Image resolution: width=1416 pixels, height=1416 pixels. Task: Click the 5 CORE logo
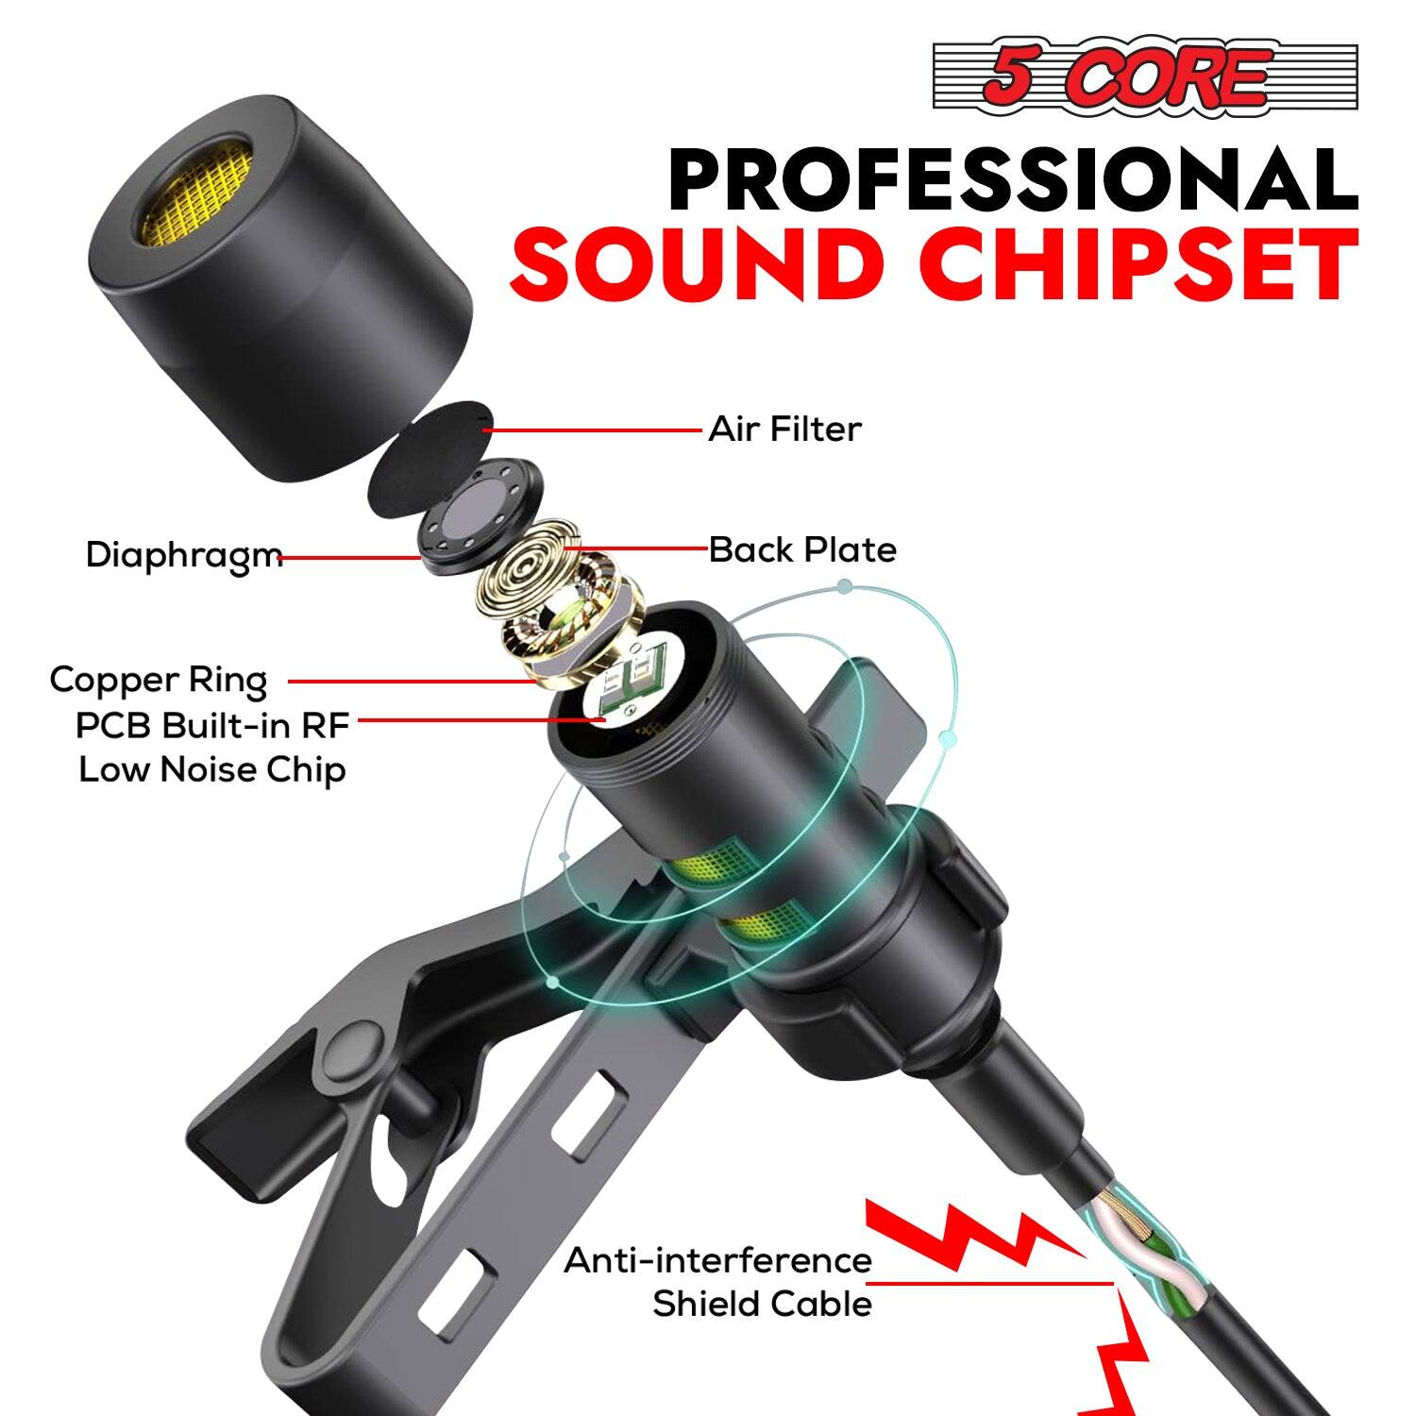pyautogui.click(x=1144, y=77)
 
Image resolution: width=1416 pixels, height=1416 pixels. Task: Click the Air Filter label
pyautogui.click(x=784, y=430)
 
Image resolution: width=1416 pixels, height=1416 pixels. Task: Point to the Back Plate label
pyautogui.click(x=802, y=549)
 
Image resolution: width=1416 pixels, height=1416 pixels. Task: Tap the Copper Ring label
pyautogui.click(x=159, y=680)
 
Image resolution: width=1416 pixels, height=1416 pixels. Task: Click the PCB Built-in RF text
pyautogui.click(x=212, y=725)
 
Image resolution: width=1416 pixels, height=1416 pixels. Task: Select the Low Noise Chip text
pyautogui.click(x=212, y=769)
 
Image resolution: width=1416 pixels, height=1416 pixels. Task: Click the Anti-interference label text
pyautogui.click(x=717, y=1260)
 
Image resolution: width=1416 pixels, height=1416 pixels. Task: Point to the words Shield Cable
pyautogui.click(x=762, y=1304)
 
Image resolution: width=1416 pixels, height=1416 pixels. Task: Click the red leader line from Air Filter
pyautogui.click(x=595, y=430)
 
